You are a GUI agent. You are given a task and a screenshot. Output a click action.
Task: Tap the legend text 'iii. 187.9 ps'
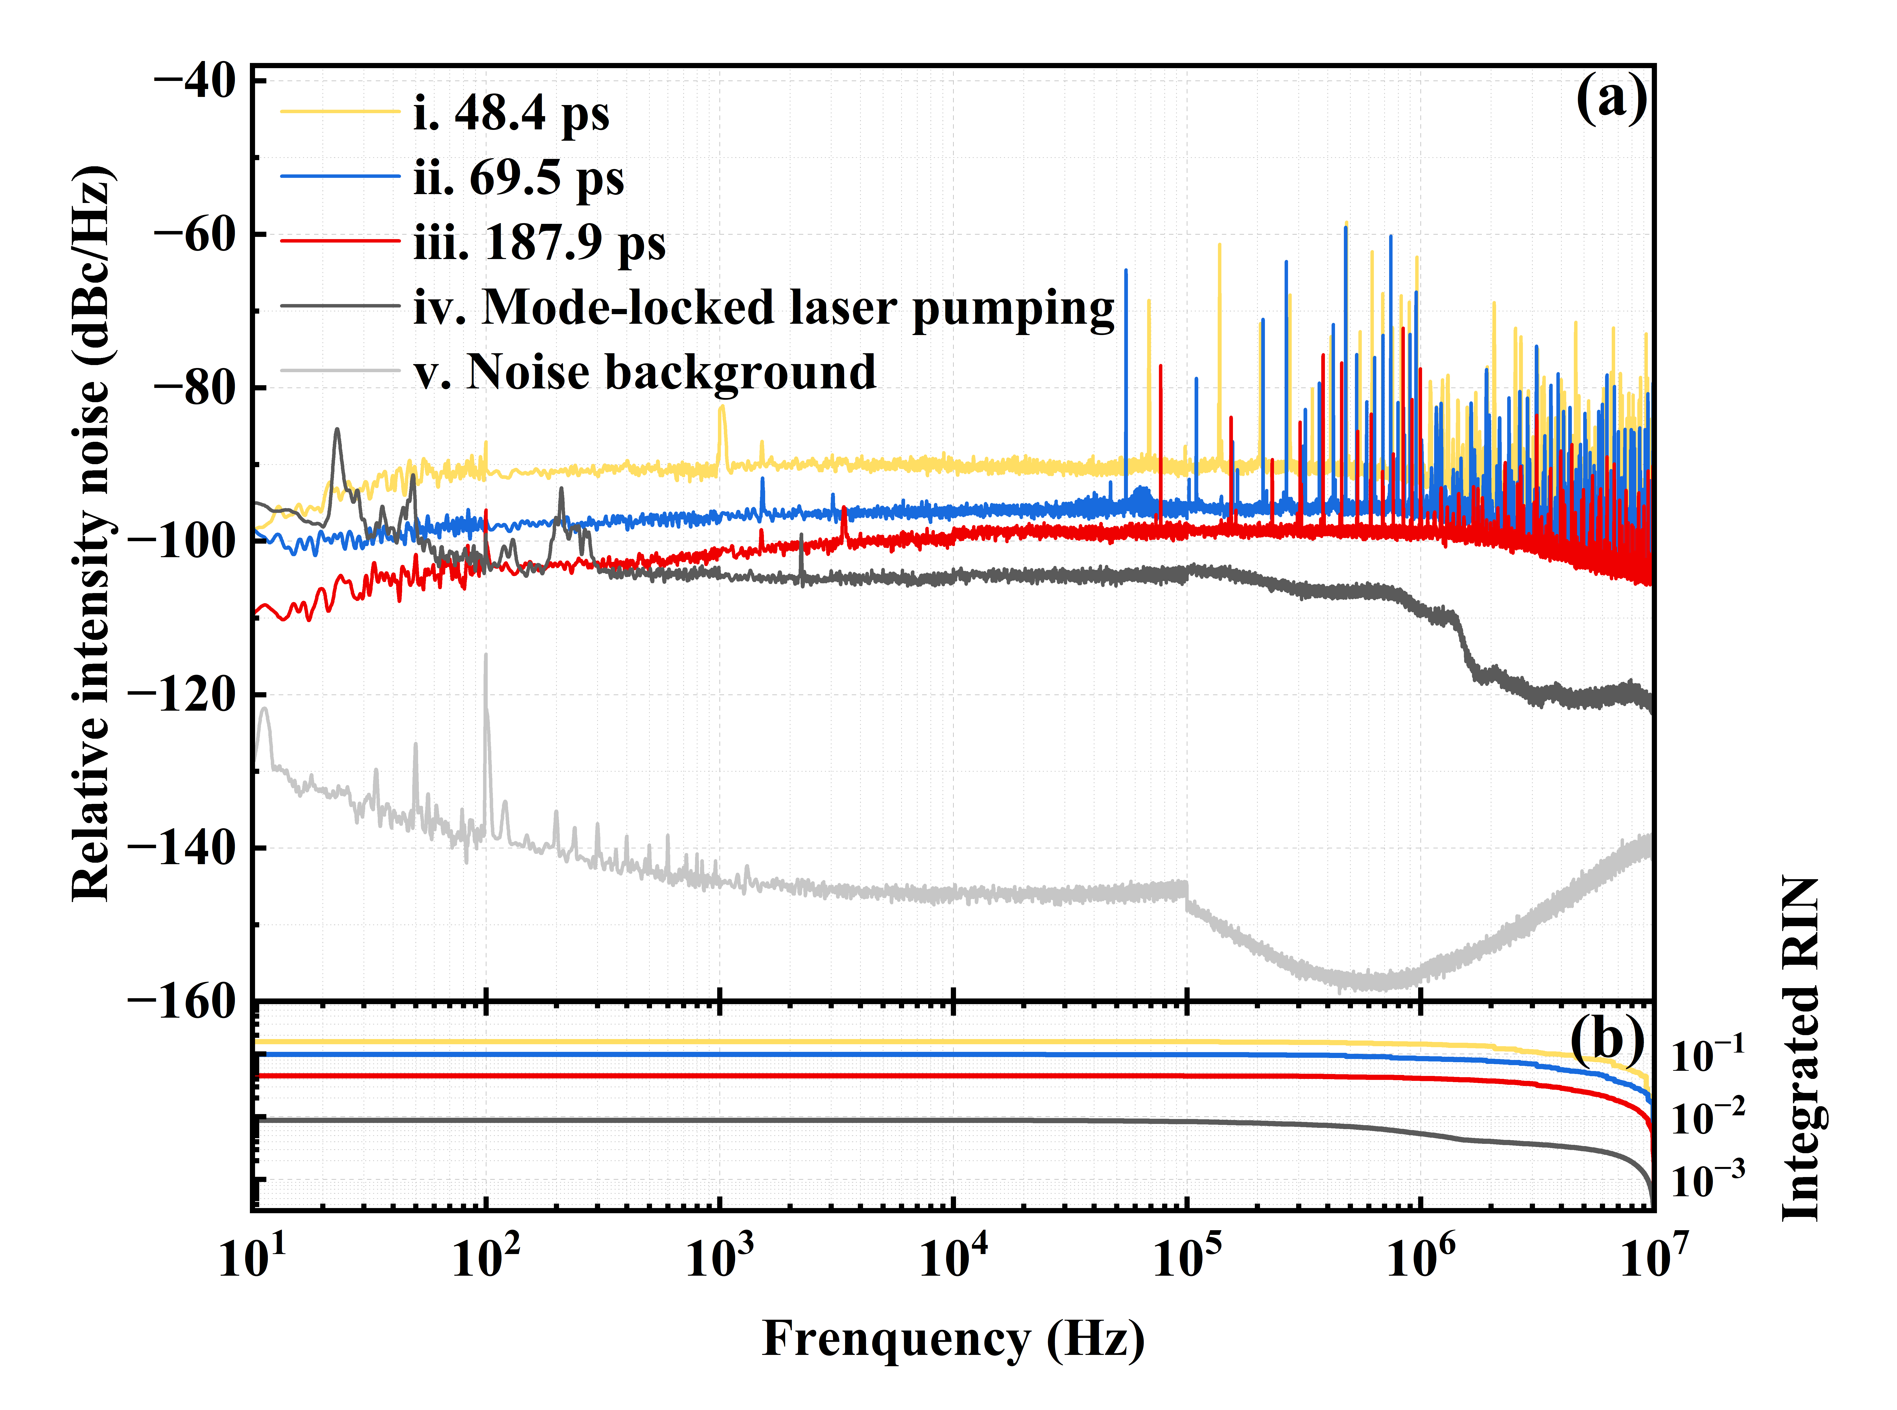coord(539,243)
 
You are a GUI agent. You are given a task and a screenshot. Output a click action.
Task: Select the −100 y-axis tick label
coord(181,541)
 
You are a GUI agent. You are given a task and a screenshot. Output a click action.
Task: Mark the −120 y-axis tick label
coord(181,695)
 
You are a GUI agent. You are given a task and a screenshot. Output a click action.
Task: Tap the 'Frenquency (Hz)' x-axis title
coord(953,1338)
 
